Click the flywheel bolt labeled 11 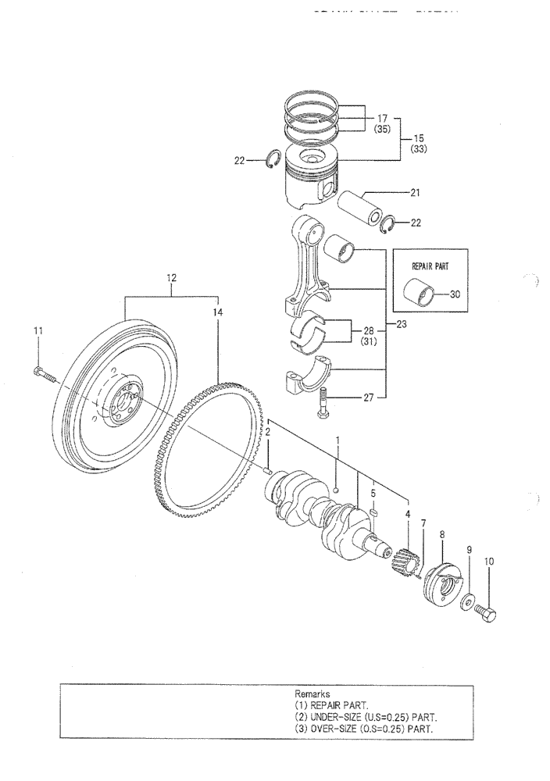[x=45, y=376]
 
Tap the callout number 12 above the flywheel [x=171, y=277]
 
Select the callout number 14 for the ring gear [x=218, y=312]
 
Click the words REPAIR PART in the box [x=429, y=266]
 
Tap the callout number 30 [x=455, y=295]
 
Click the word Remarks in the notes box [x=312, y=694]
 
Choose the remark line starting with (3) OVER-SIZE [x=364, y=729]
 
